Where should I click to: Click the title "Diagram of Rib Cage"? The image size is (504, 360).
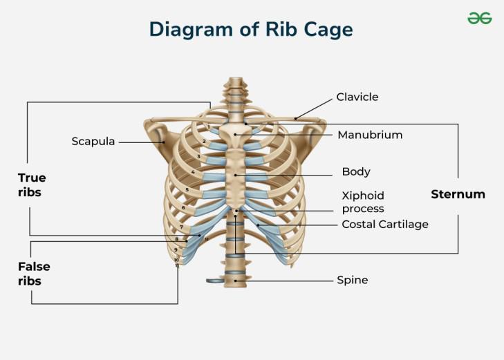pyautogui.click(x=251, y=30)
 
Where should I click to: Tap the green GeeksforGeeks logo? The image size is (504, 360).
pyautogui.click(x=479, y=19)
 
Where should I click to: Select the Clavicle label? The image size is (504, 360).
pyautogui.click(x=357, y=97)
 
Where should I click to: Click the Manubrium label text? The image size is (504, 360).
pyautogui.click(x=370, y=135)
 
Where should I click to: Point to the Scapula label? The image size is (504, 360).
pyautogui.click(x=93, y=142)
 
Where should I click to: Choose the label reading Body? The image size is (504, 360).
pyautogui.click(x=356, y=171)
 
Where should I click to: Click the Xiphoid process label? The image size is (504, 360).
pyautogui.click(x=363, y=202)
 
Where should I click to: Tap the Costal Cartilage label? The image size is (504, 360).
pyautogui.click(x=385, y=225)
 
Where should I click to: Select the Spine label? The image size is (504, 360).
pyautogui.click(x=352, y=281)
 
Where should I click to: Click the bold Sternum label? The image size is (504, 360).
pyautogui.click(x=458, y=194)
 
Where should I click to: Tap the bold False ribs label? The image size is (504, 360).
pyautogui.click(x=33, y=274)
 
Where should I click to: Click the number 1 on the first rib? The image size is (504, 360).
pyautogui.click(x=209, y=128)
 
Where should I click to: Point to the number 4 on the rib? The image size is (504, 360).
pyautogui.click(x=193, y=172)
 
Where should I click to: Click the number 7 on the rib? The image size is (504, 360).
pyautogui.click(x=181, y=227)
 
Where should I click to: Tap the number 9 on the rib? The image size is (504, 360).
pyautogui.click(x=176, y=250)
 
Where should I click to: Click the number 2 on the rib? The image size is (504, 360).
pyautogui.click(x=204, y=142)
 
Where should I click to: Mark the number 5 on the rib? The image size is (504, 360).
pyautogui.click(x=187, y=190)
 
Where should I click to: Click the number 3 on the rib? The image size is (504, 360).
pyautogui.click(x=198, y=157)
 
